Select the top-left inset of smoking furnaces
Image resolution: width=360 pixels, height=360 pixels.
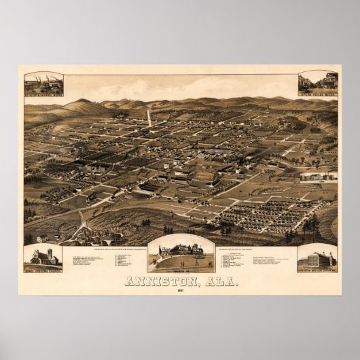pyautogui.click(x=43, y=84)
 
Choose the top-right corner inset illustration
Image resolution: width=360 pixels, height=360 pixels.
pyautogui.click(x=318, y=83)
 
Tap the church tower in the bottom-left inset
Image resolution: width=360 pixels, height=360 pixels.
pyautogui.click(x=49, y=253)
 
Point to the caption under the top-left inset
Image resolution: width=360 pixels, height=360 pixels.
pyautogui.click(x=43, y=96)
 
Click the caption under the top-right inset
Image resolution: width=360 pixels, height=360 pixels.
pyautogui.click(x=318, y=95)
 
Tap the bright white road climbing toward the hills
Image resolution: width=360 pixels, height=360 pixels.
pyautogui.click(x=149, y=118)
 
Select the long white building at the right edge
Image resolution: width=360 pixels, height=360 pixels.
pyautogui.click(x=319, y=176)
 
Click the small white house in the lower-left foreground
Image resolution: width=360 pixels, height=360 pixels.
pyautogui.click(x=42, y=238)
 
